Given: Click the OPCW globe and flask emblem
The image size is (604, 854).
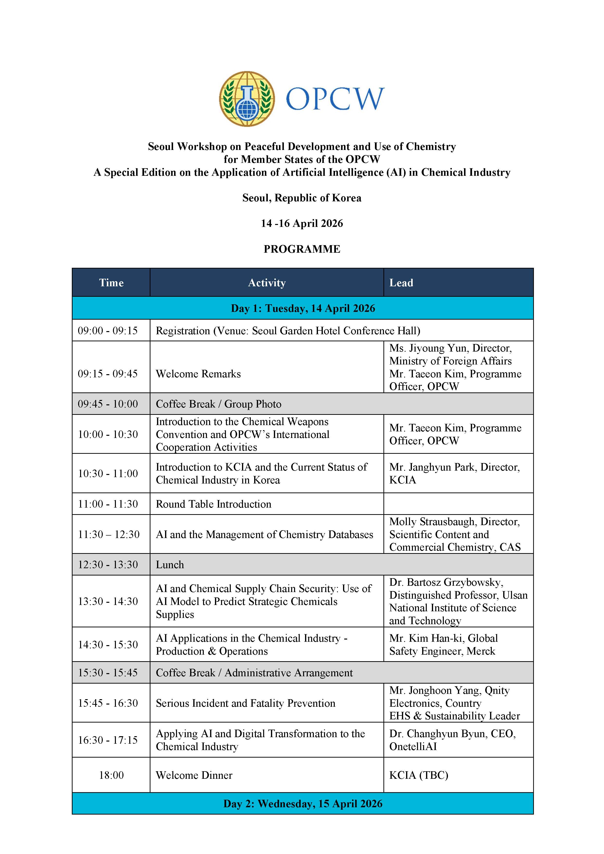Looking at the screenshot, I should pyautogui.click(x=247, y=99).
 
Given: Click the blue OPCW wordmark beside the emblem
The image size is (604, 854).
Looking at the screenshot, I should pyautogui.click(x=335, y=99).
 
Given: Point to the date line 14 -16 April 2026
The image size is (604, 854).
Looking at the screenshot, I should pyautogui.click(x=302, y=223).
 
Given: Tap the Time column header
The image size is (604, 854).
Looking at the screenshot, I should pyautogui.click(x=111, y=283).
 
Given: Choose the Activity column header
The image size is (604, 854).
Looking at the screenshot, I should pyautogui.click(x=267, y=283).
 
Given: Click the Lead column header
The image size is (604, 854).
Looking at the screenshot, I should pyautogui.click(x=401, y=283).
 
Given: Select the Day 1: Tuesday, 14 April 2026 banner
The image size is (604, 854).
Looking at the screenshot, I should pyautogui.click(x=303, y=308).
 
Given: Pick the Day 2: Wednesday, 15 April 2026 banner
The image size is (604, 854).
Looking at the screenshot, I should pyautogui.click(x=303, y=804).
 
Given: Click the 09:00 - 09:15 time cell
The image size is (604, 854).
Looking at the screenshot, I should pyautogui.click(x=108, y=330).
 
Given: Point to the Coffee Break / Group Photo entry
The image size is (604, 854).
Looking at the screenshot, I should pyautogui.click(x=218, y=404).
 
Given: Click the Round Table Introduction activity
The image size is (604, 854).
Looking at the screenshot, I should pyautogui.click(x=214, y=504).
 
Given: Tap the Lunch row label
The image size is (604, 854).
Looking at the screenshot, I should pyautogui.click(x=170, y=565).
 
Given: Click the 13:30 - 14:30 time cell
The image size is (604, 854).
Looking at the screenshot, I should pyautogui.click(x=108, y=602).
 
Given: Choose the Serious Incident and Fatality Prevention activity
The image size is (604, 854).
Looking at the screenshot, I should pyautogui.click(x=245, y=703).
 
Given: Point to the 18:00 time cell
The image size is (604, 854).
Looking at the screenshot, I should pyautogui.click(x=111, y=775).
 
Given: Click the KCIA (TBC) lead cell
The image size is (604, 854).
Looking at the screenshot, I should pyautogui.click(x=419, y=775).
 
